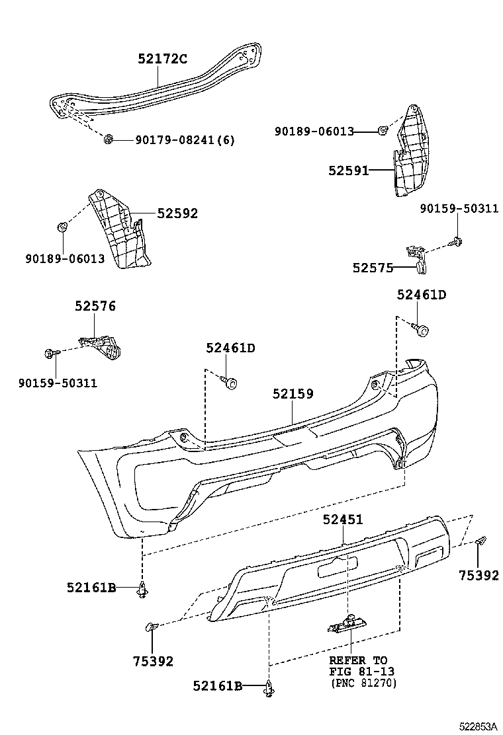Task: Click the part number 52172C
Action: coord(162,59)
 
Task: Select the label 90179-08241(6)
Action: coord(185,139)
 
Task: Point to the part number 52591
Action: coord(348,171)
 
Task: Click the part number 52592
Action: coord(177,213)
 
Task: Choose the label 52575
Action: coord(373,268)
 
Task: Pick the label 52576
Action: coord(95,306)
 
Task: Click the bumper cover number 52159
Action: coord(293,394)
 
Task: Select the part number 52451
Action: coord(343,520)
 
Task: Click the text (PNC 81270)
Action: coord(363,683)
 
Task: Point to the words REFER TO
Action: coord(358,660)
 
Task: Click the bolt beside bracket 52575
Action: coord(457,241)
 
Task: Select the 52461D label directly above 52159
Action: coord(230,348)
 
